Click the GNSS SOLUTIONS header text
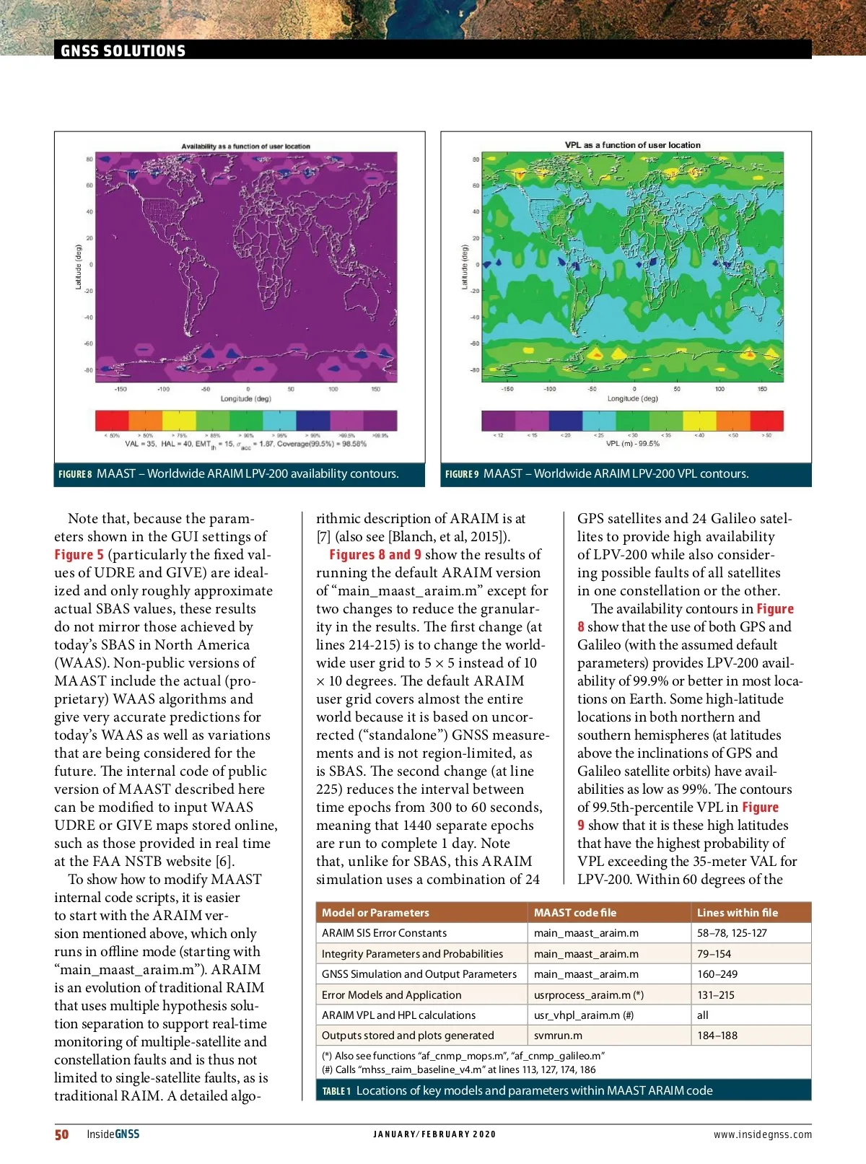pos(123,51)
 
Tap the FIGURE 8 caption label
pos(75,474)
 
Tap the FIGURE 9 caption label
pos(462,474)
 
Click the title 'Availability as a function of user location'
pos(245,146)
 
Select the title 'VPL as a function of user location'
pos(632,145)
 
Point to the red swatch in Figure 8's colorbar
pos(112,420)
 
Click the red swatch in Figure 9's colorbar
pos(766,420)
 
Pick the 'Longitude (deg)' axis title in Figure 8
pos(245,398)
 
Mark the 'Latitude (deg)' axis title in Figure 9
pos(465,267)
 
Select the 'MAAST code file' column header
pos(575,912)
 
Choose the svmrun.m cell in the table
pos(558,1036)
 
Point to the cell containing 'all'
pos(703,1015)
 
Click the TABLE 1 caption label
pos(336,1091)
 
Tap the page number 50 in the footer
pos(62,1134)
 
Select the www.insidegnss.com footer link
pos(762,1134)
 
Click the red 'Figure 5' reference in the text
pos(79,555)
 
